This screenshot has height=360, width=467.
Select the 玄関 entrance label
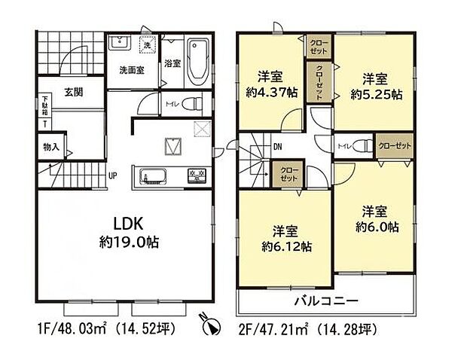(73, 93)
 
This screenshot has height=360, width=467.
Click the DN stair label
(278, 147)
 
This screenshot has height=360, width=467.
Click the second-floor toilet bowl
(362, 145)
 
